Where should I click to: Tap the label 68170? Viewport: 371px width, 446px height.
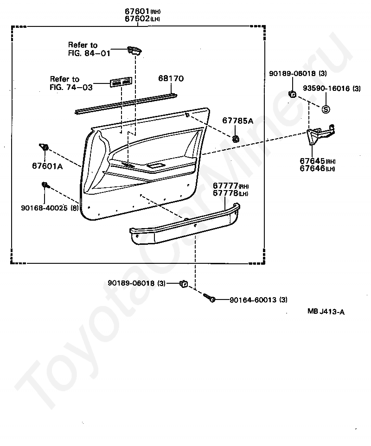click(171, 79)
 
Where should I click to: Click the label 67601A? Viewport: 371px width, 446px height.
click(47, 165)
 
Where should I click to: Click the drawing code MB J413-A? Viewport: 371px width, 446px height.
click(326, 312)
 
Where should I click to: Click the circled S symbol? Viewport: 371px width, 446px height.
click(326, 109)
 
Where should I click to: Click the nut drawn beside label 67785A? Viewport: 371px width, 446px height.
click(236, 138)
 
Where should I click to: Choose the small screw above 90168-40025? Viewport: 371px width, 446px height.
click(45, 185)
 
